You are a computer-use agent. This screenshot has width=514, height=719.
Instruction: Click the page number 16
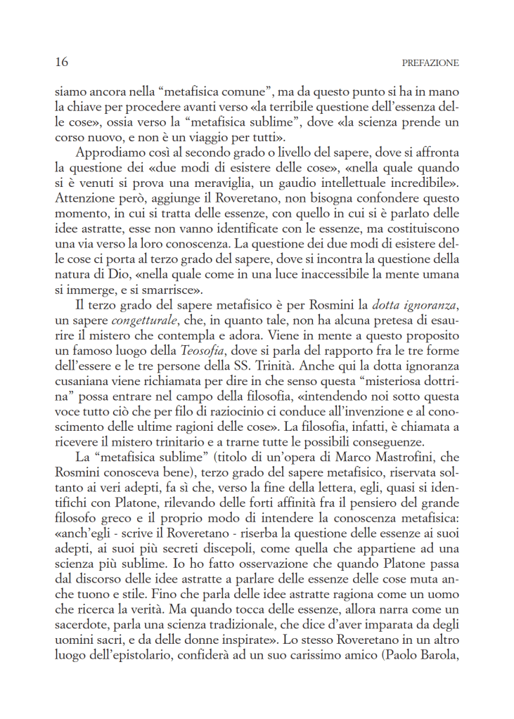[61, 63]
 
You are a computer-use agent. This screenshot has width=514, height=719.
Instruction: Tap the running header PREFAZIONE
[430, 63]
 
